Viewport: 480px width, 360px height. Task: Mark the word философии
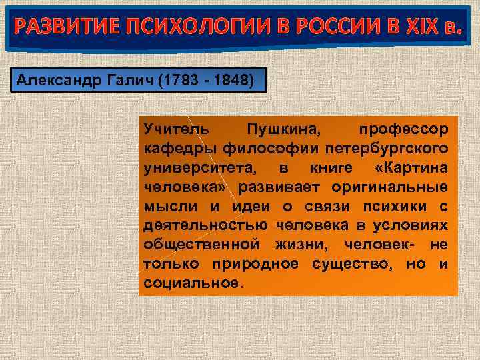pos(264,146)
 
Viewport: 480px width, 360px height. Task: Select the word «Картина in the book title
pos(411,165)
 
